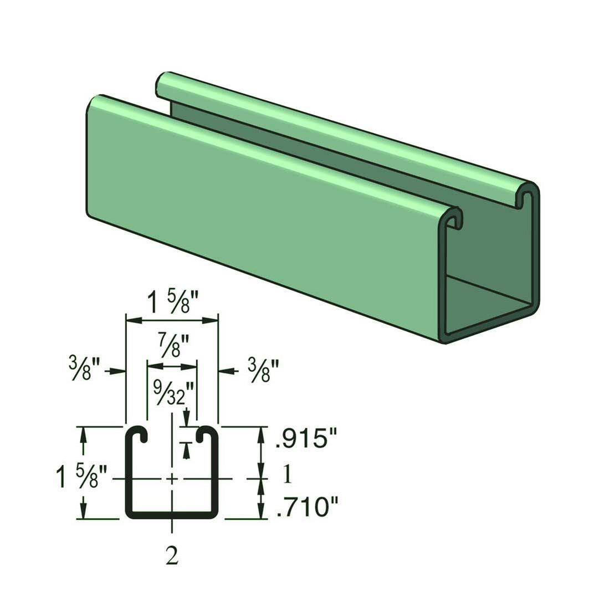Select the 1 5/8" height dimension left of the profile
tap(78, 477)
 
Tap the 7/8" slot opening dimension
tap(172, 349)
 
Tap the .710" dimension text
tap(307, 506)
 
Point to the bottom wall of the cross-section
tap(172, 515)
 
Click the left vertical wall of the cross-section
tap(129, 477)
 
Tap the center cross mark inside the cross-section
tap(172, 478)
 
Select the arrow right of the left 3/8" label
tap(116, 371)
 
